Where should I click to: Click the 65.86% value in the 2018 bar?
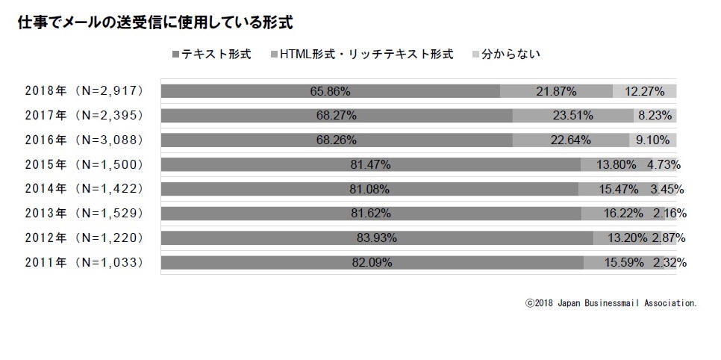[x=331, y=91]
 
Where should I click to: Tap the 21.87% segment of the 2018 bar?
[x=556, y=91]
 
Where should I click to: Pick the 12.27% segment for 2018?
[x=645, y=91]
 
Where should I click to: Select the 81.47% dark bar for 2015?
[x=370, y=164]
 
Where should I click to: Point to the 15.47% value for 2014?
[x=618, y=189]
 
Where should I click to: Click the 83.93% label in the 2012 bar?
[x=376, y=238]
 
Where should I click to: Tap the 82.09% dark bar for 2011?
[x=372, y=262]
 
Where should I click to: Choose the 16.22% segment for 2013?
[x=623, y=214]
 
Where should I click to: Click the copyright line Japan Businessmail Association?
[x=611, y=304]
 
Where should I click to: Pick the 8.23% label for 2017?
[x=655, y=116]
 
